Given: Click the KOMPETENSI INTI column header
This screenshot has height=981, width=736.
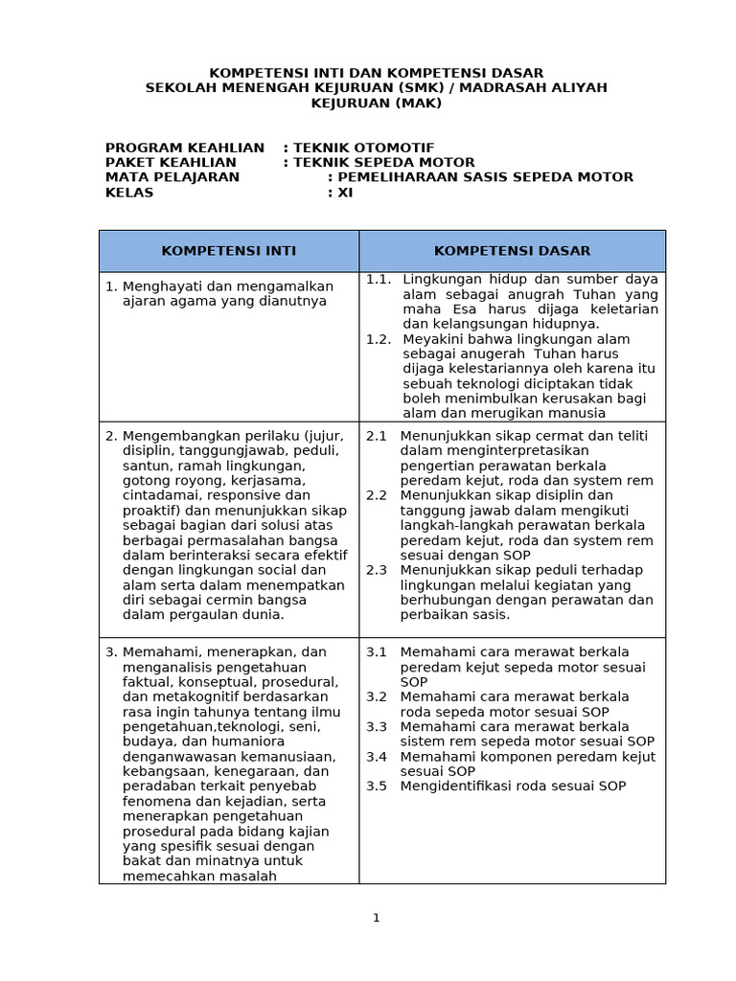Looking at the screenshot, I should click(228, 251).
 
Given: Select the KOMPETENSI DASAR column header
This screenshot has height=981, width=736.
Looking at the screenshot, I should click(512, 251).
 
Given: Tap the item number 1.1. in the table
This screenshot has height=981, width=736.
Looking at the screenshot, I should click(379, 280).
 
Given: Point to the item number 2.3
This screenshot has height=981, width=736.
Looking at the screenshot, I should click(377, 570).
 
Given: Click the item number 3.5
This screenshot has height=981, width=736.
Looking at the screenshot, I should click(377, 787).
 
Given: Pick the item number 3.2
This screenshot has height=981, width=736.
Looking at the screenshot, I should click(377, 696).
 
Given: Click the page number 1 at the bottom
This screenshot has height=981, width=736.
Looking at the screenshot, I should click(377, 918).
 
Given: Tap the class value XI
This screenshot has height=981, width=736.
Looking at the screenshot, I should click(345, 193).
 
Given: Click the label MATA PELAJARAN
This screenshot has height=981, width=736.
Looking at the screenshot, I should click(172, 177).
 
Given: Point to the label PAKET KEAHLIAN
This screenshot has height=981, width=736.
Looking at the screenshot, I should click(171, 163).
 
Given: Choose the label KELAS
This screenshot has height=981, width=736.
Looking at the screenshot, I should click(129, 193).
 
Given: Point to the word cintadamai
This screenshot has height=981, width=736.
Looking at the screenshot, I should click(163, 495).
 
